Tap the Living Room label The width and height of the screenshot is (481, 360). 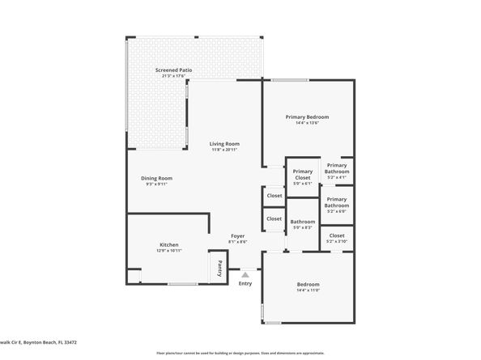[x=224, y=143]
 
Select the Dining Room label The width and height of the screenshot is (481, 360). [x=156, y=178]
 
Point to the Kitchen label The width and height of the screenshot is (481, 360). [x=168, y=244]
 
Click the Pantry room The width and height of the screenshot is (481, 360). [x=217, y=266]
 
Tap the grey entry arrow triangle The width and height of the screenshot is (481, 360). [x=245, y=275]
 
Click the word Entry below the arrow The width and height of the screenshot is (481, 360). [x=245, y=284]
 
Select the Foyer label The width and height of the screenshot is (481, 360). [x=237, y=235]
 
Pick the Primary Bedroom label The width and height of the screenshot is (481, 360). [x=307, y=117]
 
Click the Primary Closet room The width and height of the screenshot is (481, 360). [x=303, y=174]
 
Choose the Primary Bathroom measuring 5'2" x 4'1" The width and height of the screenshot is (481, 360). [x=337, y=168]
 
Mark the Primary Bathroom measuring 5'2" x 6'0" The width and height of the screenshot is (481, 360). [x=337, y=202]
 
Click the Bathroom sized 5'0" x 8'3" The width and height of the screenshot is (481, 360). [x=303, y=222]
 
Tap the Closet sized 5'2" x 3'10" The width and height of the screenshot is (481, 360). [x=337, y=235]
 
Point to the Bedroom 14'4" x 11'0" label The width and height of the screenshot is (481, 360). [x=308, y=284]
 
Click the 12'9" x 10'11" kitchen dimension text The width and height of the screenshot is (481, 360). [x=168, y=251]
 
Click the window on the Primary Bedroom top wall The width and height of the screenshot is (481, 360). [x=289, y=79]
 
